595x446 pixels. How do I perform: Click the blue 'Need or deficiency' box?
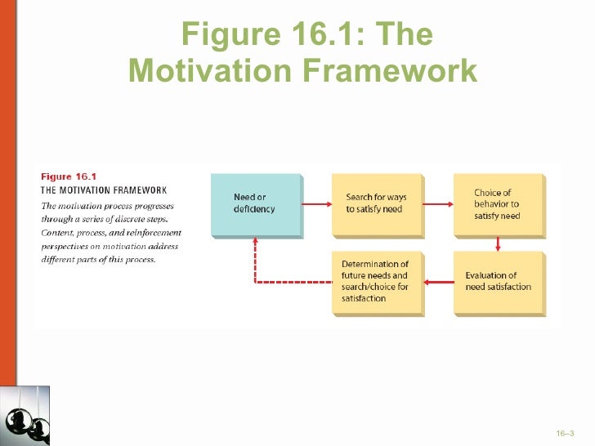click(x=256, y=203)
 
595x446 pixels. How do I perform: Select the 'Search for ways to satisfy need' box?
click(x=377, y=203)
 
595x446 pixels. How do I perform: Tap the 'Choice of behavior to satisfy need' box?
click(x=498, y=204)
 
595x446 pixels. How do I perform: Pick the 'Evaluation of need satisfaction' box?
click(x=498, y=282)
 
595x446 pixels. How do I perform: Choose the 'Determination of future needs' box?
click(x=377, y=282)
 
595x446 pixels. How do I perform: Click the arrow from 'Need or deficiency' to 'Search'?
click(x=315, y=203)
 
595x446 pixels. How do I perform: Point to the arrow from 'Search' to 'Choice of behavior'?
click(x=437, y=203)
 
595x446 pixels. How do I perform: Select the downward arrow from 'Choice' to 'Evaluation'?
click(x=498, y=243)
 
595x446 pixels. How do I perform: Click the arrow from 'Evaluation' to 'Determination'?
click(x=438, y=283)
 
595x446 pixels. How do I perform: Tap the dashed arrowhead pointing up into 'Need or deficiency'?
click(x=255, y=243)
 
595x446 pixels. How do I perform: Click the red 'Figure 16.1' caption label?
click(x=69, y=176)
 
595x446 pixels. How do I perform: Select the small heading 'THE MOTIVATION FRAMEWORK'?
click(x=104, y=190)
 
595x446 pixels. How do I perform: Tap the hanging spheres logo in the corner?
click(x=25, y=416)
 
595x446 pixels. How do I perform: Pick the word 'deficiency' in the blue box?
click(x=254, y=209)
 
